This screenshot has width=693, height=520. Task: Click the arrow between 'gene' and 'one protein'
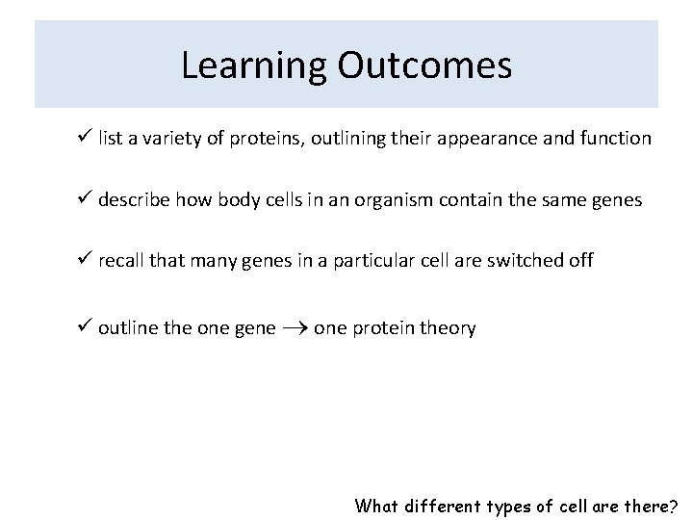pos(295,329)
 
